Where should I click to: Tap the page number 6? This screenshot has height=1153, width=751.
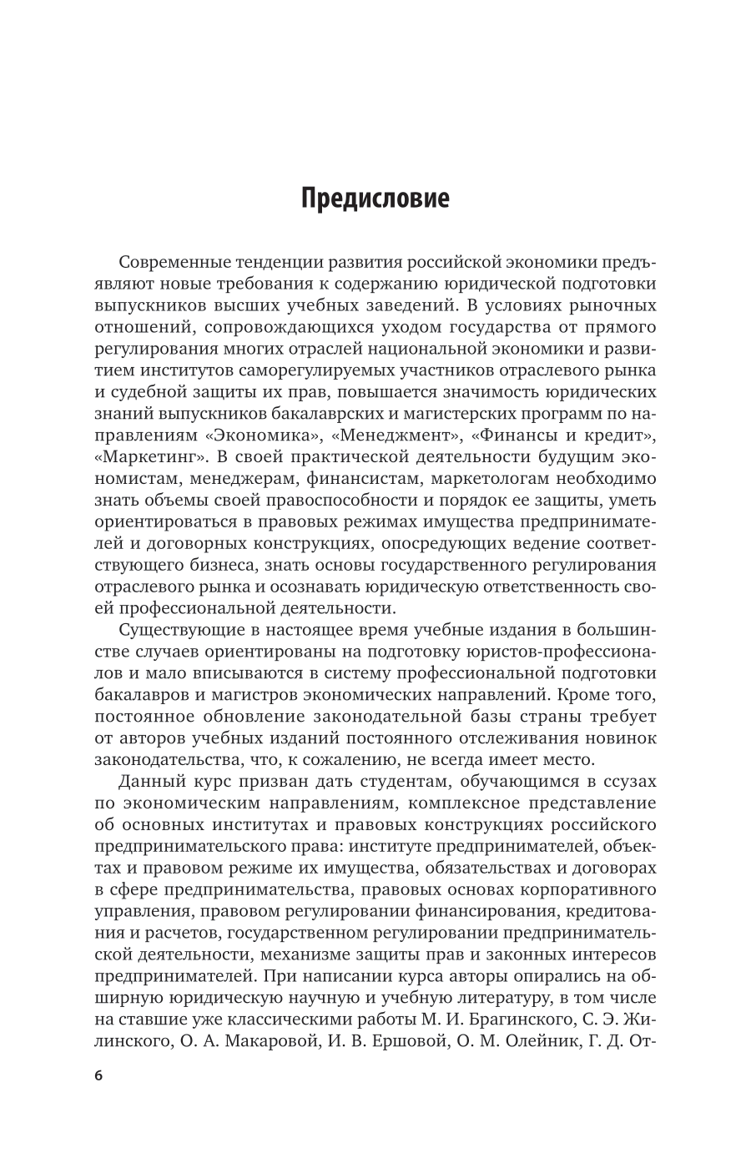(98, 1076)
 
